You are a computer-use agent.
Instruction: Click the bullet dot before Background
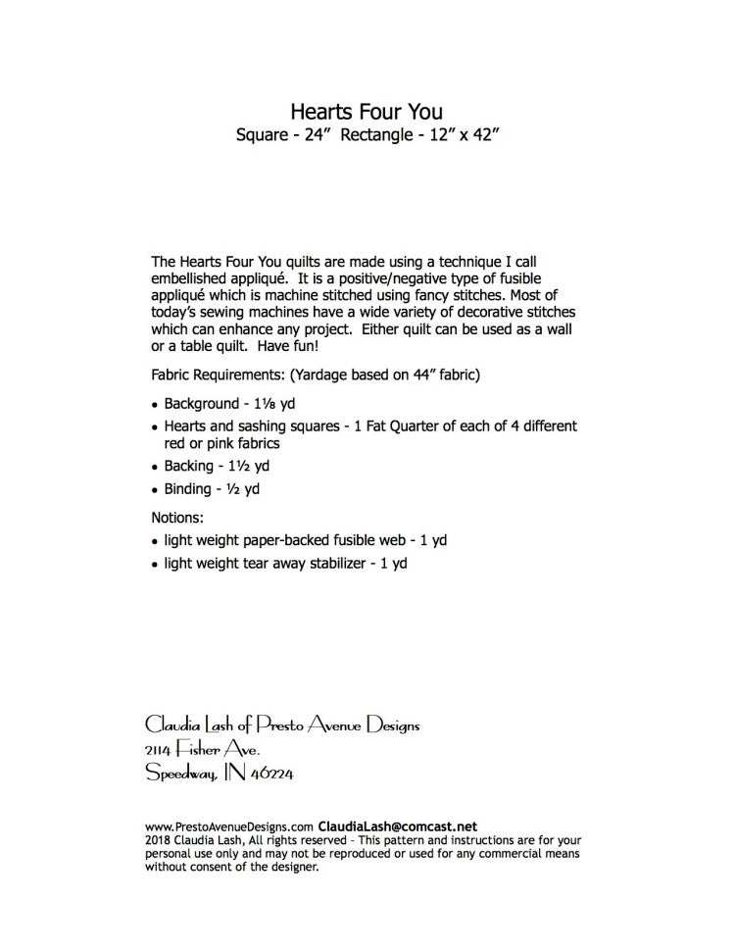156,405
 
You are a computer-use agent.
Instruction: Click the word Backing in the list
190,466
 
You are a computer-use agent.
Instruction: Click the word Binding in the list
188,489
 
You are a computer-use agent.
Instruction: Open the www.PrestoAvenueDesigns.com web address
231,826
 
